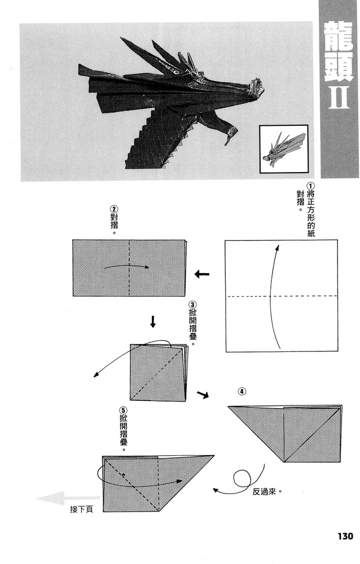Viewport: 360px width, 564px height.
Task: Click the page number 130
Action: (x=345, y=536)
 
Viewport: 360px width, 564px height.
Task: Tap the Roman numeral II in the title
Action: (x=339, y=97)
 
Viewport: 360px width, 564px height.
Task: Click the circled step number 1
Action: (x=310, y=186)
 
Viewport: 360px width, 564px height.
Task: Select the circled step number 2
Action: (x=114, y=209)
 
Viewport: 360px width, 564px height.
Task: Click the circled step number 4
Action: (x=242, y=391)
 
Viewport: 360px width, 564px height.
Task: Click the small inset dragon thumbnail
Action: (x=284, y=149)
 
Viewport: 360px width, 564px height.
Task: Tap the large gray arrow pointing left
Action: (x=68, y=499)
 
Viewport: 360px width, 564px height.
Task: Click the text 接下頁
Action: (x=81, y=509)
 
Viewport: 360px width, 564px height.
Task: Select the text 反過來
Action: (x=264, y=492)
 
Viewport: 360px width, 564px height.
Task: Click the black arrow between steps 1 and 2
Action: (x=201, y=275)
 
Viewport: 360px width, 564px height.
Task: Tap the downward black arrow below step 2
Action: (x=153, y=321)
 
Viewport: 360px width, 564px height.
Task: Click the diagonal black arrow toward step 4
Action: (x=203, y=394)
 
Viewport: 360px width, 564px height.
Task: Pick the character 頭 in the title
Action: (x=339, y=67)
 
